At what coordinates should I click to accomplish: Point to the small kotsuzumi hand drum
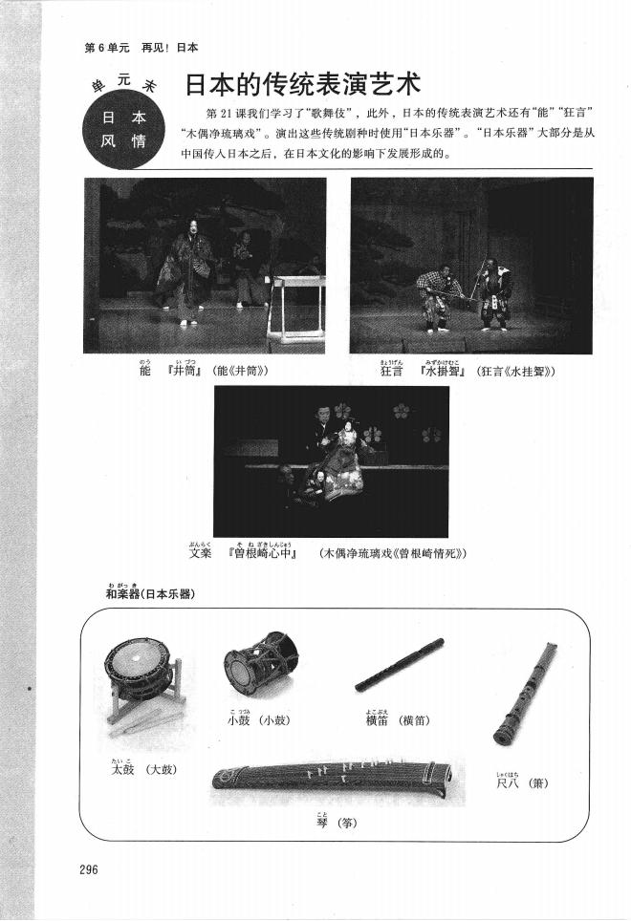tap(260, 665)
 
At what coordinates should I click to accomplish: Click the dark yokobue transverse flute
tap(399, 666)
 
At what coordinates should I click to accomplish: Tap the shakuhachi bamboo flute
tap(525, 694)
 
